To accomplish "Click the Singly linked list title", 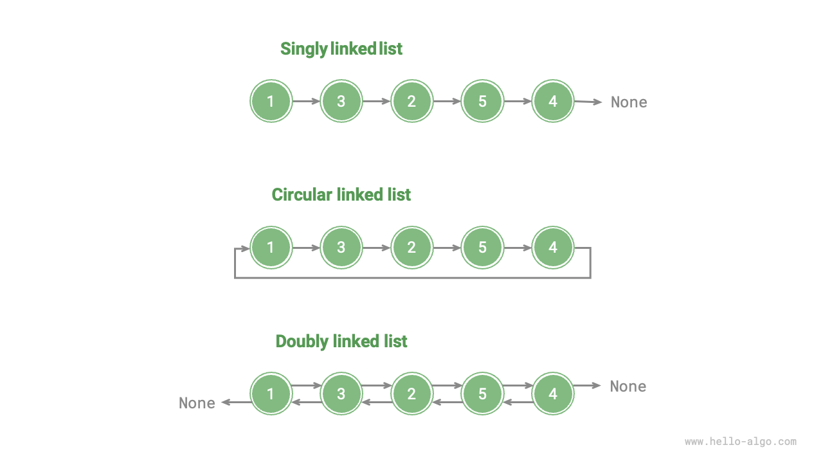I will tap(341, 49).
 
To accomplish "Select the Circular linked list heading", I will tap(341, 195).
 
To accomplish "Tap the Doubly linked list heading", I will tap(341, 341).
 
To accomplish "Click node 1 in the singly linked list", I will tap(271, 101).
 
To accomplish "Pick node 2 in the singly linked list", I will tap(411, 101).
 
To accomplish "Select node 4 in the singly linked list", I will tap(553, 101).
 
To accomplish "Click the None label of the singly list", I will tap(629, 102).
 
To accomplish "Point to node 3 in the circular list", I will tap(341, 248).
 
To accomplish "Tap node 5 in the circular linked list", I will tap(482, 248).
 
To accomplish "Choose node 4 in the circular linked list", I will tap(553, 248).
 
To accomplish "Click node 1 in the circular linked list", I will tap(271, 248).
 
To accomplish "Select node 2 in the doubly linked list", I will tap(411, 394).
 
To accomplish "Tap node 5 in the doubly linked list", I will tap(482, 394).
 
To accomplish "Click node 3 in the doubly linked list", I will tap(341, 394).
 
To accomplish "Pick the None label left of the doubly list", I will tap(197, 403).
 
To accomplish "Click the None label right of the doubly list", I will tap(628, 386).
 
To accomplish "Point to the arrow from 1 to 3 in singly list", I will tap(306, 101).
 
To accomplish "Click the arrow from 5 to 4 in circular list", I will tap(518, 248).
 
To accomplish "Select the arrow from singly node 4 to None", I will tap(588, 102).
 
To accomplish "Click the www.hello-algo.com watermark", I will tap(741, 442).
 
